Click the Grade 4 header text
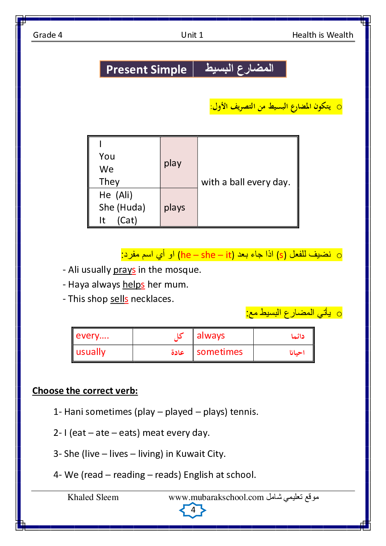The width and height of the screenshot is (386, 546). coord(47,35)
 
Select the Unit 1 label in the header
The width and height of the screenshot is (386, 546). coord(192,35)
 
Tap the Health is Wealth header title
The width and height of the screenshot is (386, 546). coord(323,35)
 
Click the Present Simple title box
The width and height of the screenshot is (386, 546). coord(146,70)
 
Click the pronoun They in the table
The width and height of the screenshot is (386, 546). coord(109,182)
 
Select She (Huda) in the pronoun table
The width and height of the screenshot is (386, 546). coord(122,207)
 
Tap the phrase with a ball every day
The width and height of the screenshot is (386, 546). coord(246,182)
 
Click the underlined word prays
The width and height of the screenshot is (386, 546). coord(125,270)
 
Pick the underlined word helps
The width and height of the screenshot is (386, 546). coord(133,284)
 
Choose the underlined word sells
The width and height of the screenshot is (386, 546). coord(119,299)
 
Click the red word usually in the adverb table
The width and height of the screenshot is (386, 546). coord(91,352)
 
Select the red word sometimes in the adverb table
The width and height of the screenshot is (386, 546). coord(219,352)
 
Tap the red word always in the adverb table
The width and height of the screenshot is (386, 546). coord(211,335)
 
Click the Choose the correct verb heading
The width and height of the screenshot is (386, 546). coord(85,391)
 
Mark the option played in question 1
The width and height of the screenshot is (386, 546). coord(179,412)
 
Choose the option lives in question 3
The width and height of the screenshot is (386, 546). coord(119,454)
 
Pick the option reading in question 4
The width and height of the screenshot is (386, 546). coord(129,475)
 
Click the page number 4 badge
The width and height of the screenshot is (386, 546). coord(193,510)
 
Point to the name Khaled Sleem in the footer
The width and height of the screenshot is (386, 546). coord(93,497)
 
